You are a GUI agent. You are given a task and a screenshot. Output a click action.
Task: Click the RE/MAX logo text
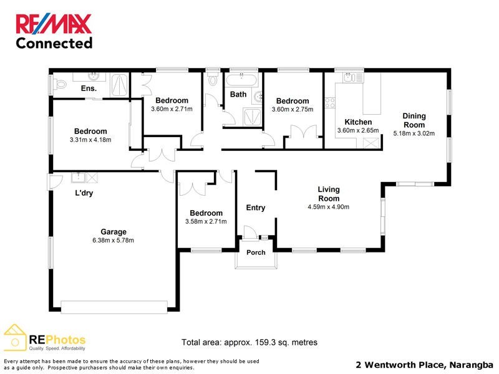tap(54, 24)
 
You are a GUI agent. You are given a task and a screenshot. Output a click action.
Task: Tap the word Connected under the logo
tap(54, 43)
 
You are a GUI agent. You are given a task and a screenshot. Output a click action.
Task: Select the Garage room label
tap(114, 231)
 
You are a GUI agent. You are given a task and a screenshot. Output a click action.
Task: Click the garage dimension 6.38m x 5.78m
tap(114, 240)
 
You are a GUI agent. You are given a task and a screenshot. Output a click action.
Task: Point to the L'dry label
tap(84, 193)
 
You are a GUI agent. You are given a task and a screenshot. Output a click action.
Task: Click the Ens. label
tap(89, 89)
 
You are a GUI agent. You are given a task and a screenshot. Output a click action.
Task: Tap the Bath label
tap(238, 95)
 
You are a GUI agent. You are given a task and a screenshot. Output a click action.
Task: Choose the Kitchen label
tap(358, 122)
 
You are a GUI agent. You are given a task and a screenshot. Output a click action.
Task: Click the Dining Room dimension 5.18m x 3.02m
tap(414, 133)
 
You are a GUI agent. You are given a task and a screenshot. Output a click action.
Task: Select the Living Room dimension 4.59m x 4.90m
tap(328, 207)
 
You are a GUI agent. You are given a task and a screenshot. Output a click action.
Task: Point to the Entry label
tap(256, 208)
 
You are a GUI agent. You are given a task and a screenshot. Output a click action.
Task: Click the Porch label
tap(256, 252)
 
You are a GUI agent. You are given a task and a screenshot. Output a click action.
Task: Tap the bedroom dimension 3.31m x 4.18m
tap(90, 140)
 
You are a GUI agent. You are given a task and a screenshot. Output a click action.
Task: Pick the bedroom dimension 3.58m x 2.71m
tap(206, 221)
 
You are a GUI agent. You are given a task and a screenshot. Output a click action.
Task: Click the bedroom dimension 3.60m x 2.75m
tap(293, 110)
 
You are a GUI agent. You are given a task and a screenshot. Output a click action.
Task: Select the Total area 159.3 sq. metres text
tap(249, 342)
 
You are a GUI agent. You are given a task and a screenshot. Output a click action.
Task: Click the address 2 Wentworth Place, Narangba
tap(424, 364)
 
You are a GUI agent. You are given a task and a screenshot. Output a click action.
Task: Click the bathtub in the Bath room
tap(240, 80)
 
